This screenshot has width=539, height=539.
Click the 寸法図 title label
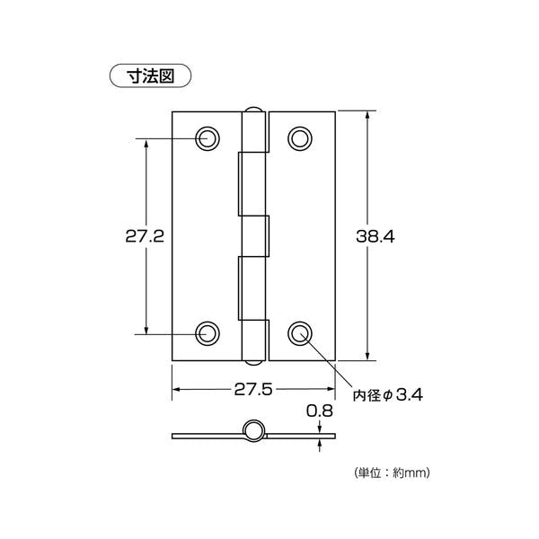tap(150, 76)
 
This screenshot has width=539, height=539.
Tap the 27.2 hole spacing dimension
tap(145, 236)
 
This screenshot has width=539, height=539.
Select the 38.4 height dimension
tap(376, 236)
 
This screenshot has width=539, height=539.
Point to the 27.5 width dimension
tap(253, 390)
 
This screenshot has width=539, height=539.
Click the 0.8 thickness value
tap(320, 411)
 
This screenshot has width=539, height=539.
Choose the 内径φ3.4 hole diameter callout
tap(388, 395)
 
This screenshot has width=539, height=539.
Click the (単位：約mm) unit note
tap(391, 473)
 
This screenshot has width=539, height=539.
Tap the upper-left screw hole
tap(208, 138)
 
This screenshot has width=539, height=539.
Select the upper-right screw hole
tap(300, 138)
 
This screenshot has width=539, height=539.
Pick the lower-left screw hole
tap(208, 334)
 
